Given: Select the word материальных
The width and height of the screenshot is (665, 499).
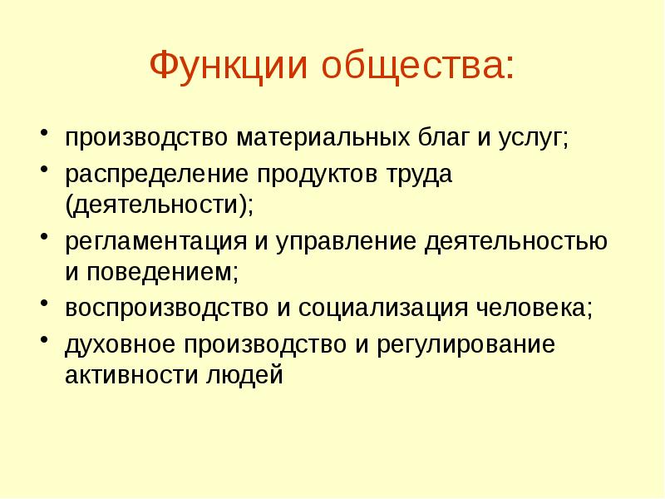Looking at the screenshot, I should point(312,136).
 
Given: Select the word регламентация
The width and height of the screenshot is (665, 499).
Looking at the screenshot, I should point(155,243).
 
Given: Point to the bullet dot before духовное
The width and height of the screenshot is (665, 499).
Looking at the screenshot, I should point(44,343).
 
